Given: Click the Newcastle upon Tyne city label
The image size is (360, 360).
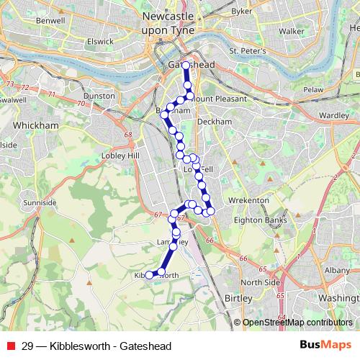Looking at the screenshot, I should coord(168,24).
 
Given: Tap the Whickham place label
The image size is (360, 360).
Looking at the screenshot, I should coord(31,125).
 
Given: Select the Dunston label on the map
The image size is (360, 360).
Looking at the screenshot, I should coord(99,95).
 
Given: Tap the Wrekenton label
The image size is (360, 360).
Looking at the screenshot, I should coord(248,199).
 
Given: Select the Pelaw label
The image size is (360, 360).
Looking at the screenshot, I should coord(312,89).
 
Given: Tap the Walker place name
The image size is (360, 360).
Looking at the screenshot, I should coord(292,32).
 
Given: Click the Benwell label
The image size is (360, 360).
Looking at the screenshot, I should coord(50,21).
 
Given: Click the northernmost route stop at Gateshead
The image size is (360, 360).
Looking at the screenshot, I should coord(186,66).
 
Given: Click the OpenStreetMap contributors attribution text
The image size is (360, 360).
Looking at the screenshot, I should coord(297,323).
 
